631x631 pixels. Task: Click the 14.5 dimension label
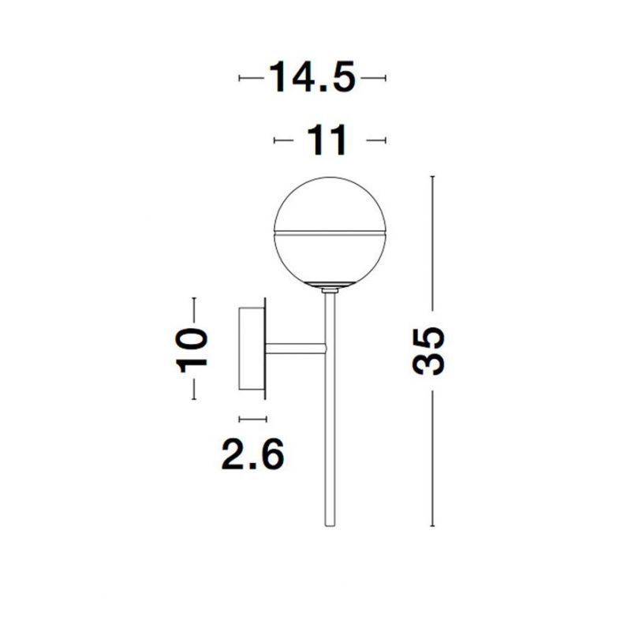[312, 77]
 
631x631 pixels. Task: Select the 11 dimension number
[327, 140]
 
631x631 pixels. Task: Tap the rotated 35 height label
[429, 351]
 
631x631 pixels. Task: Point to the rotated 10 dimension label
[192, 351]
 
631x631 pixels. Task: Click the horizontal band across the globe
[330, 232]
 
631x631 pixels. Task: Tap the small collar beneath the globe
[330, 289]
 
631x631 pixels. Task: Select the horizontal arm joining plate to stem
[295, 349]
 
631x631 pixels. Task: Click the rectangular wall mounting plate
[252, 349]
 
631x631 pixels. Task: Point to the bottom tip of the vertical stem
[330, 526]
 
